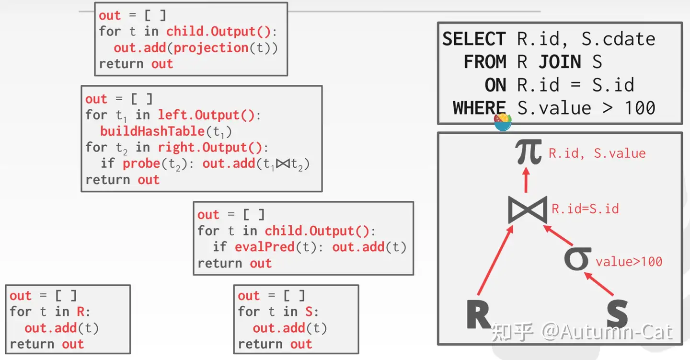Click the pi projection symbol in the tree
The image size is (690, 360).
click(x=529, y=151)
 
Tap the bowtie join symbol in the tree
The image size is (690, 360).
click(x=528, y=209)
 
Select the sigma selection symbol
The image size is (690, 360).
click(x=577, y=258)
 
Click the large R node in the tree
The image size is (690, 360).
click(x=478, y=314)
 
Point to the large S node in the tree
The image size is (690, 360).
click(x=617, y=314)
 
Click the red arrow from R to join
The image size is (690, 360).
click(x=495, y=260)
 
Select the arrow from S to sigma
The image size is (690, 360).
click(x=599, y=284)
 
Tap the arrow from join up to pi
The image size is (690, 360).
click(x=526, y=180)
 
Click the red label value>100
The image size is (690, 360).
click(x=629, y=262)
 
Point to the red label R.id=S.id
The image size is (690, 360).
click(x=585, y=209)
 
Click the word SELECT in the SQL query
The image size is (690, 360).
click(x=474, y=39)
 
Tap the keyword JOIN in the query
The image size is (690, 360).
click(x=560, y=62)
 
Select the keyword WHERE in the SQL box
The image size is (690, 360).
click(x=479, y=108)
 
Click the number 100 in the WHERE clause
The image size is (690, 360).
click(x=640, y=108)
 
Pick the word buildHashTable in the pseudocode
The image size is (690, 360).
click(x=152, y=131)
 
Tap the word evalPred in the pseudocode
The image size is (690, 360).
click(x=264, y=247)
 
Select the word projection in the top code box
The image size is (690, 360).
click(x=211, y=48)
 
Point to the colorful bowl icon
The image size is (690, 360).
click(x=503, y=122)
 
